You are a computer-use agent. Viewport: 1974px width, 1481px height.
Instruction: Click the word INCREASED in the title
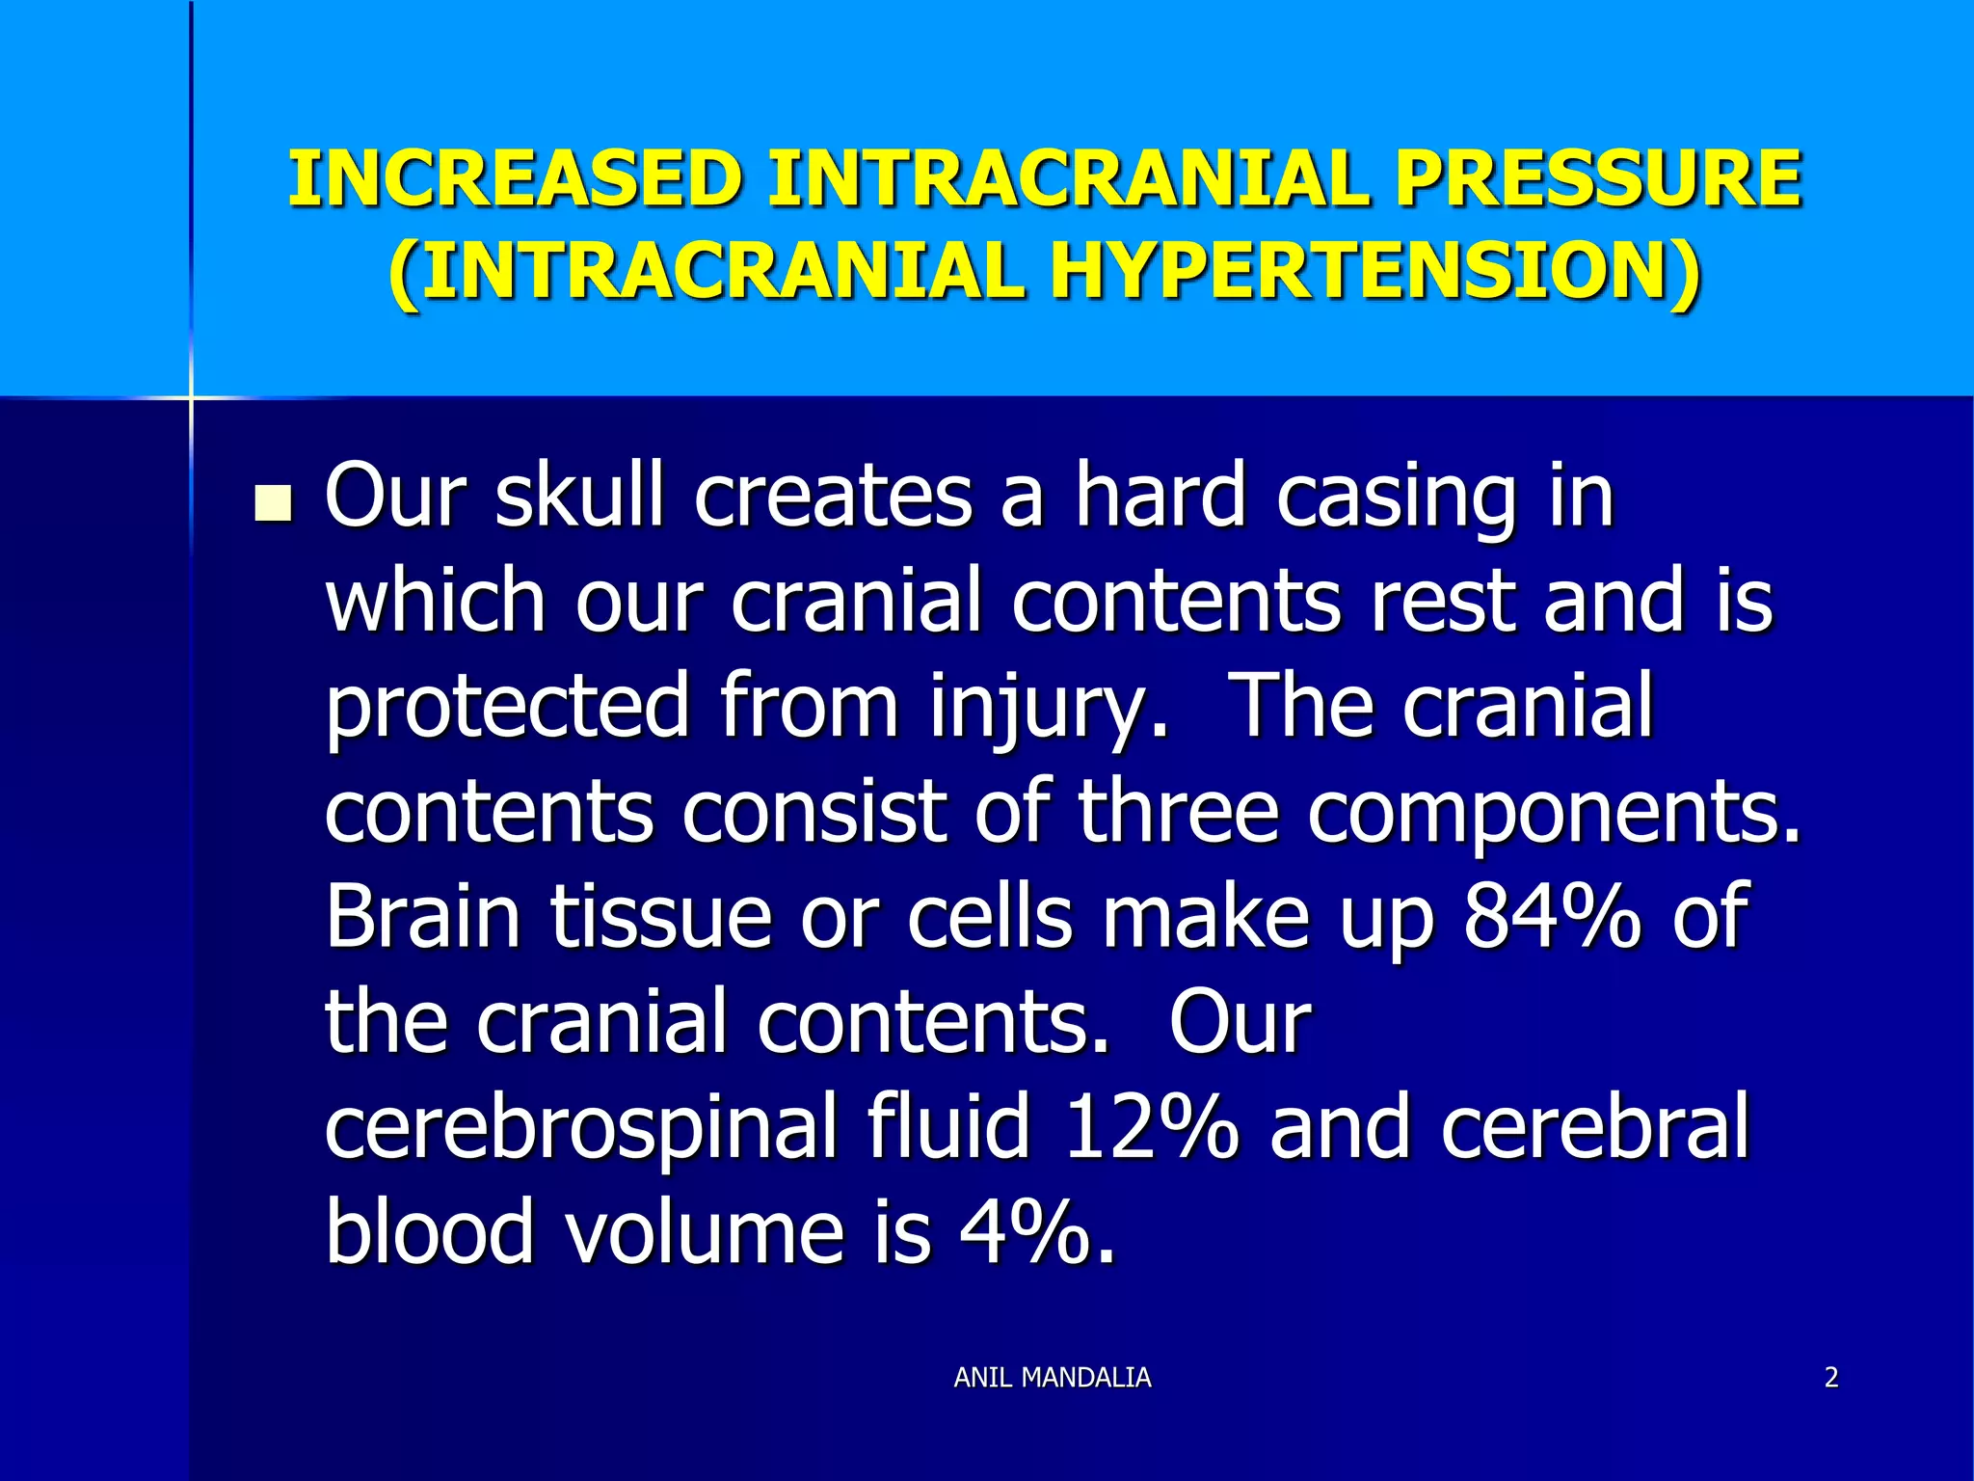(515, 179)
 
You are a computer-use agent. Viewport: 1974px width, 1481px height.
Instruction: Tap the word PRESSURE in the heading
(1598, 179)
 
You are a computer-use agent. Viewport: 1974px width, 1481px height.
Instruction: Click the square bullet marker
(274, 503)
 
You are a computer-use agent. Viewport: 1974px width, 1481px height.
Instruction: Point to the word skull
(579, 496)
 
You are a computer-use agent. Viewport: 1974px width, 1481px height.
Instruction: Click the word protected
(507, 708)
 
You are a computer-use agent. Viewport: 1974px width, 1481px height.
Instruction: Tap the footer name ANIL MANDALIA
(1052, 1377)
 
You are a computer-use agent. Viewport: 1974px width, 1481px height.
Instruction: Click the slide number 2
(1831, 1377)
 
